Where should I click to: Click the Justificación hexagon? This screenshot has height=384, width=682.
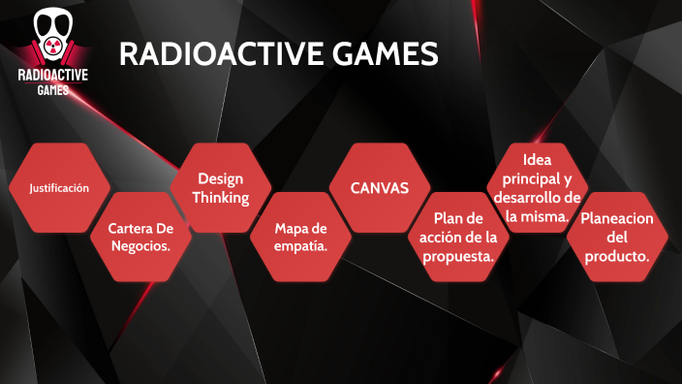point(59,188)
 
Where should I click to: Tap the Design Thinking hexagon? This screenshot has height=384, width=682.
point(221,188)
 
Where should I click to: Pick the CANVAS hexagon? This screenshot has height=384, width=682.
point(379,188)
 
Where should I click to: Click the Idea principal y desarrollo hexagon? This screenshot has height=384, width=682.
point(537,188)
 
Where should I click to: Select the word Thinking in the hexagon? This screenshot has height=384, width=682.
point(221,198)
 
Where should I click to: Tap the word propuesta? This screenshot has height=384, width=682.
point(458,257)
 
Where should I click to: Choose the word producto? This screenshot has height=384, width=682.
point(617,257)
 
